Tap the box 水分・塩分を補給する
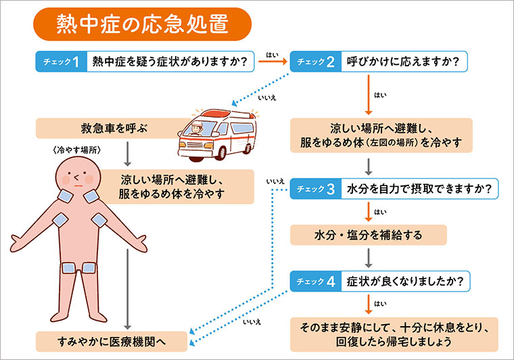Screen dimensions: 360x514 point(369,235)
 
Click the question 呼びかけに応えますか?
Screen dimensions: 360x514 point(403,62)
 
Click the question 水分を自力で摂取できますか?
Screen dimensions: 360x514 point(419,189)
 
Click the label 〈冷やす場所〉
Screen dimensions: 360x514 point(75,150)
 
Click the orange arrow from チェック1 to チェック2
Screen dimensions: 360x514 point(273,62)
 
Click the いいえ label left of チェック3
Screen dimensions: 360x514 point(275,181)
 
